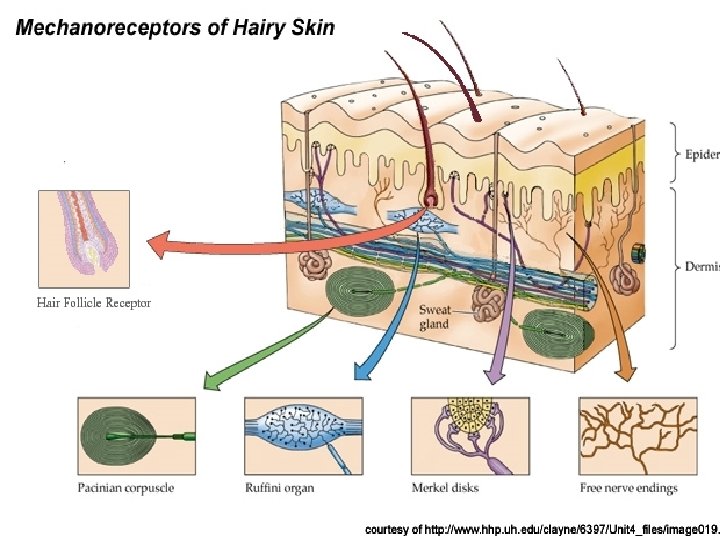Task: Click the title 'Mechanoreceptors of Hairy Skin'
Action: (175, 28)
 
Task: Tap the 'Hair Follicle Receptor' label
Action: (94, 302)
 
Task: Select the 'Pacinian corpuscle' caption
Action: (126, 488)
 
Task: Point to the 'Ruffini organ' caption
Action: (280, 488)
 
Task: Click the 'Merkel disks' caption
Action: (445, 488)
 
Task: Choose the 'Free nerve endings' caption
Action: (629, 488)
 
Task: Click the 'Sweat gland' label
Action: (434, 317)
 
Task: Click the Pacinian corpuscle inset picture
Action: (136, 436)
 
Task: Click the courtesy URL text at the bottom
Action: (541, 527)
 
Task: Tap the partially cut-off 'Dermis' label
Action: (701, 267)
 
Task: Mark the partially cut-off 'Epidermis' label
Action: (701, 155)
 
